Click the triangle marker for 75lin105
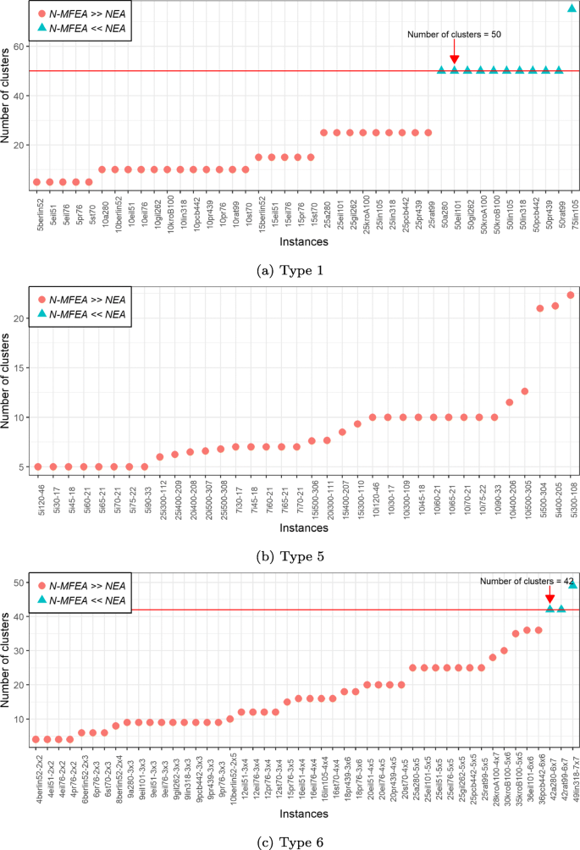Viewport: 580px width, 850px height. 572,8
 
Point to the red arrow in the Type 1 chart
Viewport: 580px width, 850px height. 455,56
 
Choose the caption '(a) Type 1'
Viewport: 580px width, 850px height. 290,270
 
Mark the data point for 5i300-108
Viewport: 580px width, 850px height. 571,295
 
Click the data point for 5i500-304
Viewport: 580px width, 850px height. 540,308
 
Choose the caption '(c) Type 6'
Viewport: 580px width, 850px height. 290,842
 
